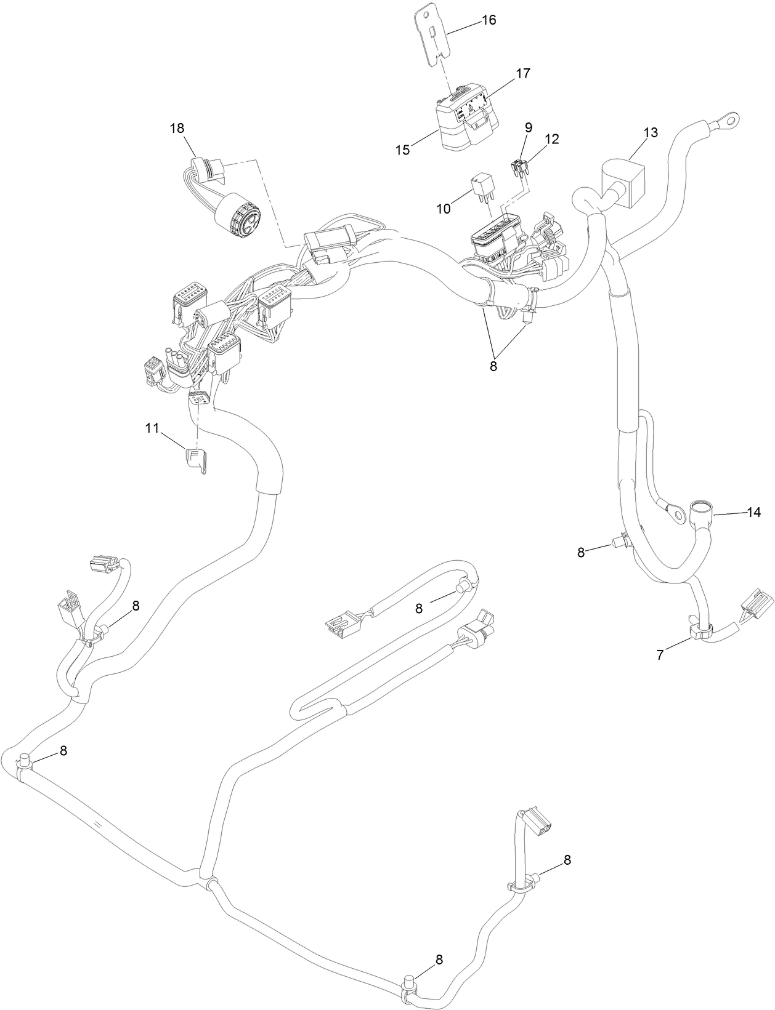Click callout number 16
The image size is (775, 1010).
(x=488, y=20)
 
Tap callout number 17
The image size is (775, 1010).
(x=522, y=74)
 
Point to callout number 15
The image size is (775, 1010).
(x=402, y=150)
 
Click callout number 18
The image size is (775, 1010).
(x=177, y=128)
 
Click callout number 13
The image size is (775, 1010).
(x=651, y=132)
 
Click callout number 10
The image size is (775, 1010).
(x=444, y=209)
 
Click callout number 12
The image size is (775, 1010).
(x=551, y=139)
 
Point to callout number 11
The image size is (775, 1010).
(x=152, y=427)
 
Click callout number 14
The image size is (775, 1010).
(x=753, y=512)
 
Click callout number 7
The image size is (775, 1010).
(x=660, y=655)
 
